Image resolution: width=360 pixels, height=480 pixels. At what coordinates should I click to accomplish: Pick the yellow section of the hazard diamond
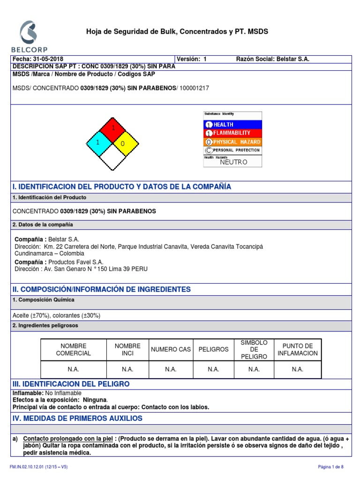tap(125, 143)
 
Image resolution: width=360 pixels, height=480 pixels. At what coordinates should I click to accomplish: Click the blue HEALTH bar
tap(233, 125)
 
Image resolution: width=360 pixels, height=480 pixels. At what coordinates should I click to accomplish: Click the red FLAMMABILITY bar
tap(233, 133)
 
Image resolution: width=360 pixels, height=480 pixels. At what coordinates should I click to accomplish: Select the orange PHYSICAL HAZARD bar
tap(233, 142)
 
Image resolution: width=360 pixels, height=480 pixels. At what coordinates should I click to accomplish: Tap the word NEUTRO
tap(233, 162)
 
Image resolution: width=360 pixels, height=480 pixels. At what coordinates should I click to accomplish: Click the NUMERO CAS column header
tap(171, 349)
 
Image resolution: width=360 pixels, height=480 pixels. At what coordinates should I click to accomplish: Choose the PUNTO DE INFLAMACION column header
tap(297, 349)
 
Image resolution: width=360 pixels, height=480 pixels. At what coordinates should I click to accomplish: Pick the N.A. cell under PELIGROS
tap(213, 369)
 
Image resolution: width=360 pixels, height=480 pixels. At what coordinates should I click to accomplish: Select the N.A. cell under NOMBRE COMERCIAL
tap(73, 369)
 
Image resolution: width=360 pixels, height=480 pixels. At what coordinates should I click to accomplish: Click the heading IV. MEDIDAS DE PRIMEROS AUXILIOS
tap(77, 418)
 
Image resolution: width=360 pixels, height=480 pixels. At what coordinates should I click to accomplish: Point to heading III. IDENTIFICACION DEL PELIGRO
tap(71, 384)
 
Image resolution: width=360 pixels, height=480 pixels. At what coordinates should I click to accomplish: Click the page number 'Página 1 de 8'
tap(331, 467)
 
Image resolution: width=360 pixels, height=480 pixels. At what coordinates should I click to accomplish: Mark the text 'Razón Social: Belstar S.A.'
tap(273, 59)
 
